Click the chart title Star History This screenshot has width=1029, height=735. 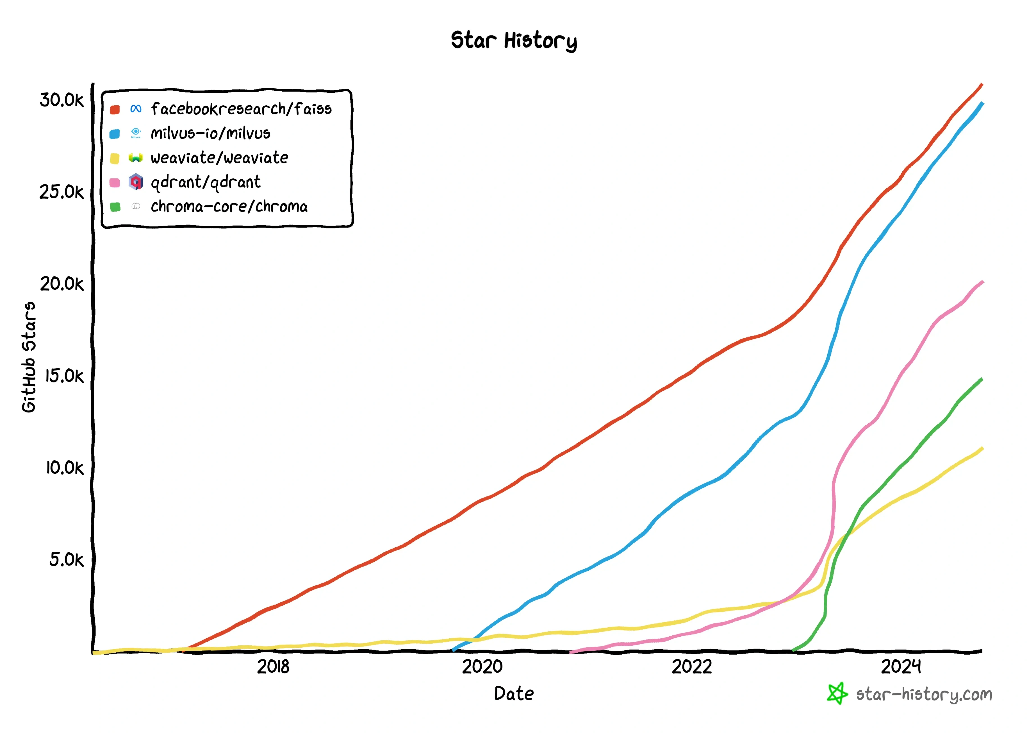pyautogui.click(x=514, y=41)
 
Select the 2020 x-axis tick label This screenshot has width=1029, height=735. pyautogui.click(x=482, y=667)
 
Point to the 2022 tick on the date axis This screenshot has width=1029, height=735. pyautogui.click(x=692, y=667)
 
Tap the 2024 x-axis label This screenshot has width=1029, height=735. pyautogui.click(x=901, y=667)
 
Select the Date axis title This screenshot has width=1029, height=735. pyautogui.click(x=514, y=693)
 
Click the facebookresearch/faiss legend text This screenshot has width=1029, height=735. pyautogui.click(x=241, y=109)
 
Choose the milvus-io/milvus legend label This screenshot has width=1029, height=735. pyautogui.click(x=210, y=133)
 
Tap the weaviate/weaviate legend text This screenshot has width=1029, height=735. pyautogui.click(x=219, y=158)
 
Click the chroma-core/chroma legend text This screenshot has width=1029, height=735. pyautogui.click(x=229, y=207)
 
